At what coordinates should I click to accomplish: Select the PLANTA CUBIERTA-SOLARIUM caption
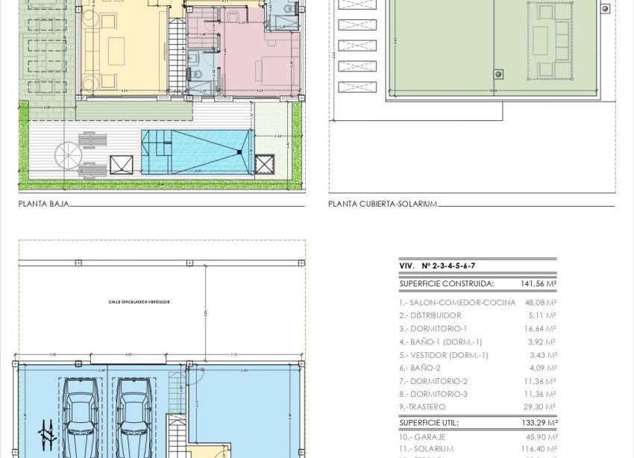click(x=382, y=203)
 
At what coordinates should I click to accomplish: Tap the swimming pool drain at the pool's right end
click(x=239, y=152)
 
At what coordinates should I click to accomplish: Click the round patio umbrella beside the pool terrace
click(x=68, y=156)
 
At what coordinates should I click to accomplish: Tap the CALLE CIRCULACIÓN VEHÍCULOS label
click(x=139, y=302)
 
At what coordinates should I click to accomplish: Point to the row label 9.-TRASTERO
click(x=422, y=407)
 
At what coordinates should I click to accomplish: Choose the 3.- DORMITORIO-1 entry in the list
click(x=433, y=329)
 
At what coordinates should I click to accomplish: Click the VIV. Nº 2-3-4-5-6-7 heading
click(x=437, y=266)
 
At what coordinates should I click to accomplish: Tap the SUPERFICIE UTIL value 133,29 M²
click(x=539, y=423)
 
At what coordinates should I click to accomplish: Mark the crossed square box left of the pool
click(x=121, y=164)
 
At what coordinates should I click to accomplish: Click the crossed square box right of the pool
click(x=264, y=164)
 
